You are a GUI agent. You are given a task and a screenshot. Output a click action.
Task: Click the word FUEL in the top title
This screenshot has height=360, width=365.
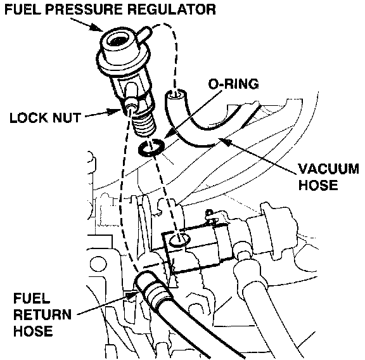[22, 10]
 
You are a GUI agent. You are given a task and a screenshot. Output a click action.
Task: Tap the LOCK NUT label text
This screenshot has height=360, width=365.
[45, 118]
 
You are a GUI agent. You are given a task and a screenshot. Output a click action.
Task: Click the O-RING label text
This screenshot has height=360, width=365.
[233, 84]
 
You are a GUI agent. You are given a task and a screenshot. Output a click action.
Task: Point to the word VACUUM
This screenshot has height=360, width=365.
[329, 169]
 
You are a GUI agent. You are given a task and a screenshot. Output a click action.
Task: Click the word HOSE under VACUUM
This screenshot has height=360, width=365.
[318, 185]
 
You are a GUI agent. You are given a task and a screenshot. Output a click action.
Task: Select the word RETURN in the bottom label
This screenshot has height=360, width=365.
[42, 314]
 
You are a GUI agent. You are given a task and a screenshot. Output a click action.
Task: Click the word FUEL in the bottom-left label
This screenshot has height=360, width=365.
[32, 299]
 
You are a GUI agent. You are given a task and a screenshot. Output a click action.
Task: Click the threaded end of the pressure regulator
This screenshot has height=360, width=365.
[144, 125]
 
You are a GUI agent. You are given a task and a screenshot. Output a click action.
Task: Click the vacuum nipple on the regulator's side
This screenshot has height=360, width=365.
[144, 33]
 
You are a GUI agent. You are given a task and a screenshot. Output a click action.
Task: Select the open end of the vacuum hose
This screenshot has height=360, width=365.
[176, 96]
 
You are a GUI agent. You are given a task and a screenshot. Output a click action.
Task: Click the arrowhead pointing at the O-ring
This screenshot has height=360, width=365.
[167, 135]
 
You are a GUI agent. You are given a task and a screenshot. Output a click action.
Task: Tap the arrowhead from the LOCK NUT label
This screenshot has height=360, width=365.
[115, 112]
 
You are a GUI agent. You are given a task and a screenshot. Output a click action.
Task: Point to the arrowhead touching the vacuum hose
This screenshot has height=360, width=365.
[225, 141]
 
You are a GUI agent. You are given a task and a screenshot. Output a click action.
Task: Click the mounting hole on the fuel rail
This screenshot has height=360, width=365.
[179, 240]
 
